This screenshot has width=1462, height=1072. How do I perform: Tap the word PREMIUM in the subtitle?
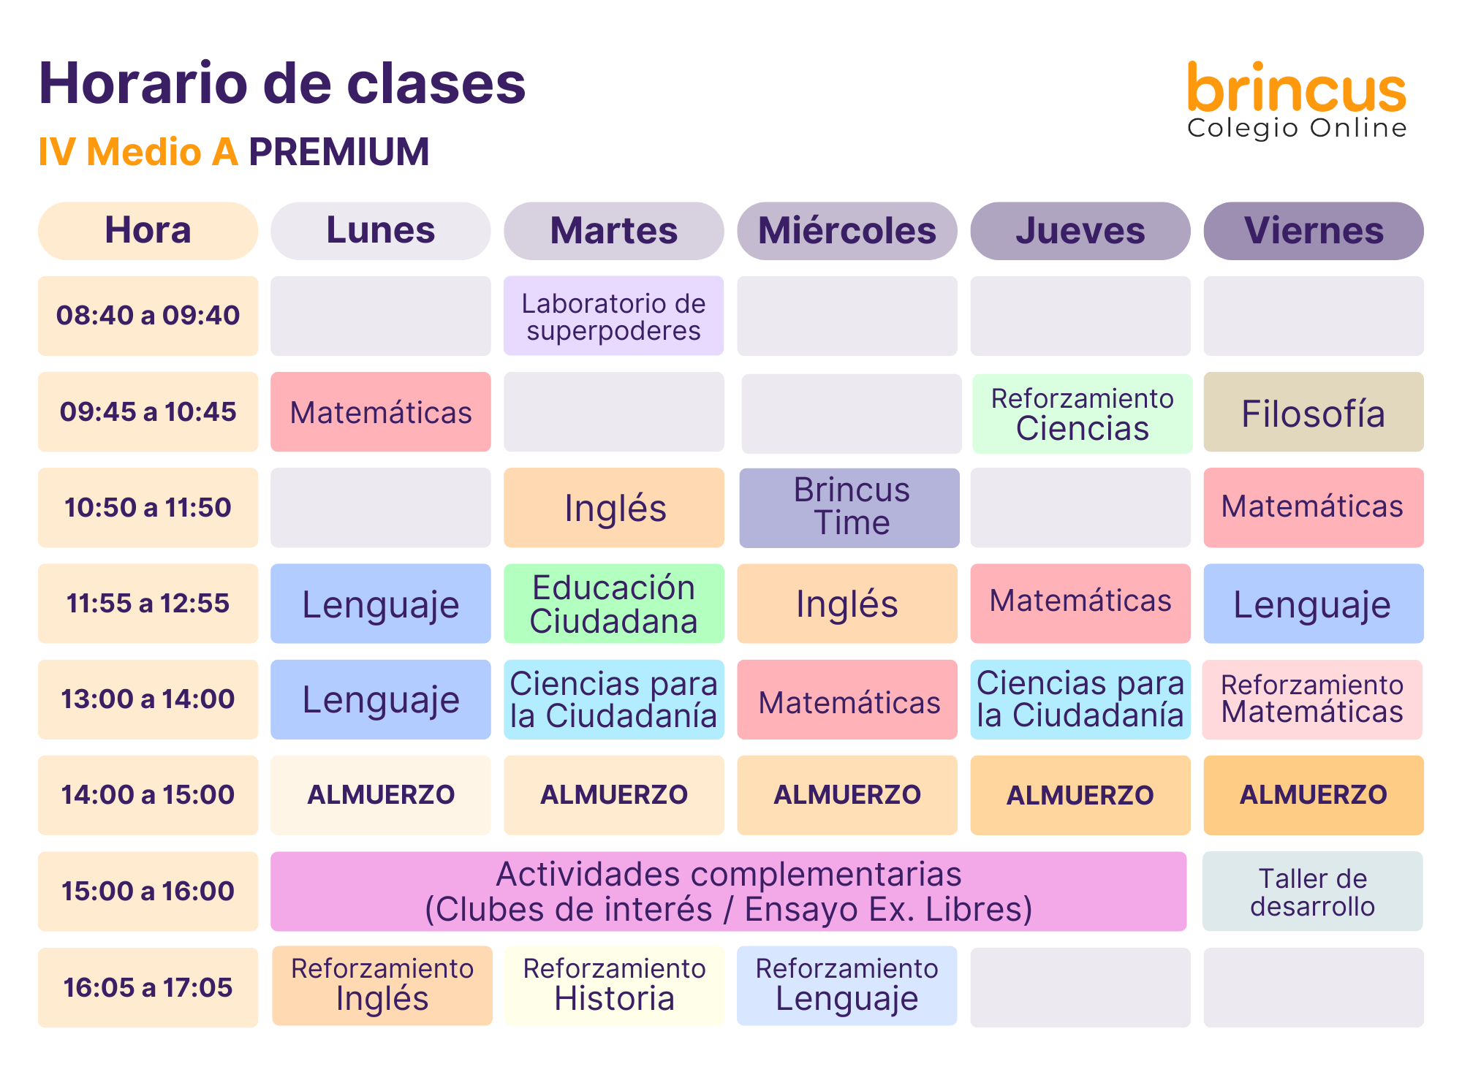point(339,152)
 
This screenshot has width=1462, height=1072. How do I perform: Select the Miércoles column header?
point(847,231)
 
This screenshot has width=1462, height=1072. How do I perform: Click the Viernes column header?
point(1314,231)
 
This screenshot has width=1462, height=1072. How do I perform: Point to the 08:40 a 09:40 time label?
point(148,316)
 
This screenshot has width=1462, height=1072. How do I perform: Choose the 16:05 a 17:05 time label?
point(148,987)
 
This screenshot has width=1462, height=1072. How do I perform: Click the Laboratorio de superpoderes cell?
point(614,316)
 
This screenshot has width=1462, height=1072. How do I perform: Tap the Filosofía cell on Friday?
point(1314,412)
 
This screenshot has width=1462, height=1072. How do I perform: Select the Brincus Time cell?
point(849,508)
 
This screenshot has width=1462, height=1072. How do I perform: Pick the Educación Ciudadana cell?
point(614,604)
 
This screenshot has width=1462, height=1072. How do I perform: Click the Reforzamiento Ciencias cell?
point(1083,414)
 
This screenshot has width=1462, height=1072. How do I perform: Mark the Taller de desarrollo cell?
point(1313,892)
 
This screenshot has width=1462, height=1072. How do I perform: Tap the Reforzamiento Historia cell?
point(614,986)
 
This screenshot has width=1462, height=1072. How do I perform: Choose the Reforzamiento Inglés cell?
point(382,986)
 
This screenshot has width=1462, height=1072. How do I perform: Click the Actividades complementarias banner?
point(729,892)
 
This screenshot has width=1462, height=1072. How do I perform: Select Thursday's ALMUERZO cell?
point(1080,795)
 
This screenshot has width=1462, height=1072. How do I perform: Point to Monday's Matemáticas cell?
point(381,412)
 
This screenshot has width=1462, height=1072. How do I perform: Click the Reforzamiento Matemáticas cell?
point(1313,699)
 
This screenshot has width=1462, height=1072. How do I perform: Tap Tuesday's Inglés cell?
point(614,508)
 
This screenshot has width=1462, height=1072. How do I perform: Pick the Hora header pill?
point(148,231)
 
